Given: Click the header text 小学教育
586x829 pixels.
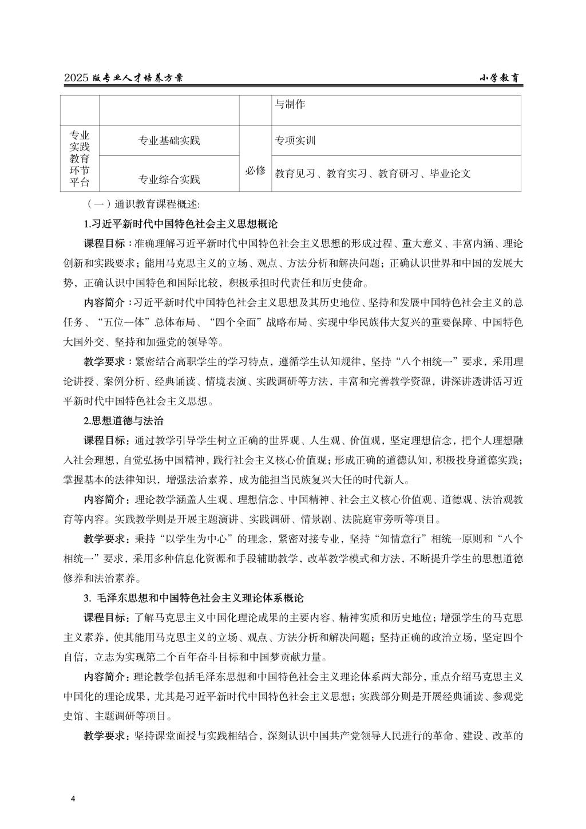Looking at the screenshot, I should (x=500, y=79).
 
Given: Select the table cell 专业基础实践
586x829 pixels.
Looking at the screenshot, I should (x=169, y=141).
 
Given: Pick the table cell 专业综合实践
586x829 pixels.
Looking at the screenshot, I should (x=169, y=179).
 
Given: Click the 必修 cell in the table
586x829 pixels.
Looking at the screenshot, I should (x=255, y=171).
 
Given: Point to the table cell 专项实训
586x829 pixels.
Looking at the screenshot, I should (x=295, y=141).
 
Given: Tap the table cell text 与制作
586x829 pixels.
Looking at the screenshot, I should (x=290, y=104).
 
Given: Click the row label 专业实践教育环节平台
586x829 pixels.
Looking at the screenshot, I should (x=80, y=158).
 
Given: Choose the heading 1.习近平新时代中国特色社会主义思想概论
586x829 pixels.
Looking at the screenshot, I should (x=181, y=223).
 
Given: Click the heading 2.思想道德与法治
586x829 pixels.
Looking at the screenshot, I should (x=124, y=421).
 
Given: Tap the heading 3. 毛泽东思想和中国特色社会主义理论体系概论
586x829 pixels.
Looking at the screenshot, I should (x=193, y=598).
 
